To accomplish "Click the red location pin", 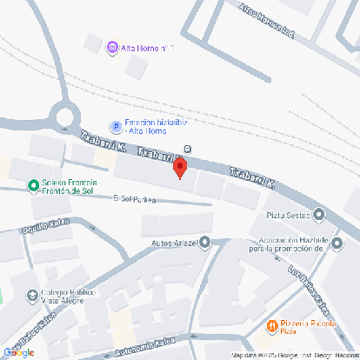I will [180, 168].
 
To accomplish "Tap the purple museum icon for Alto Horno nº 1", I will [112, 47].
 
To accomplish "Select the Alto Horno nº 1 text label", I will [149, 48].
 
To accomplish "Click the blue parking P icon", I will [114, 126].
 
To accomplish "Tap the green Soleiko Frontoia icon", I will [31, 183].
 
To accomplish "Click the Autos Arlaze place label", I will [174, 243].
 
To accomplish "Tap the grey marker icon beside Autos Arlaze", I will [205, 243].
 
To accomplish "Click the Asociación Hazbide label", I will [288, 243].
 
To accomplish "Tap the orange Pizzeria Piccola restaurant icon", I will [271, 326].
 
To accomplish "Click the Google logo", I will [18, 352].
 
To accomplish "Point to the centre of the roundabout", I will [64, 115].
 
